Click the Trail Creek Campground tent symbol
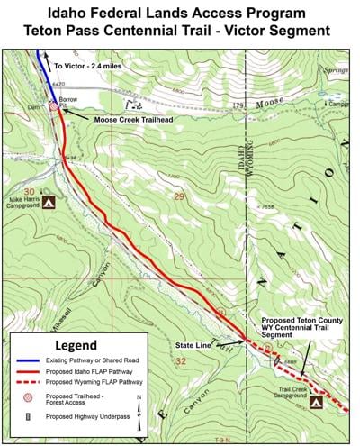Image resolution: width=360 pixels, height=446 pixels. click(316, 403)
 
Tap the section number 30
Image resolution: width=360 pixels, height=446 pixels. click(30, 191)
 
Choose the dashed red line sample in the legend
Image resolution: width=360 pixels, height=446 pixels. click(28, 382)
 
